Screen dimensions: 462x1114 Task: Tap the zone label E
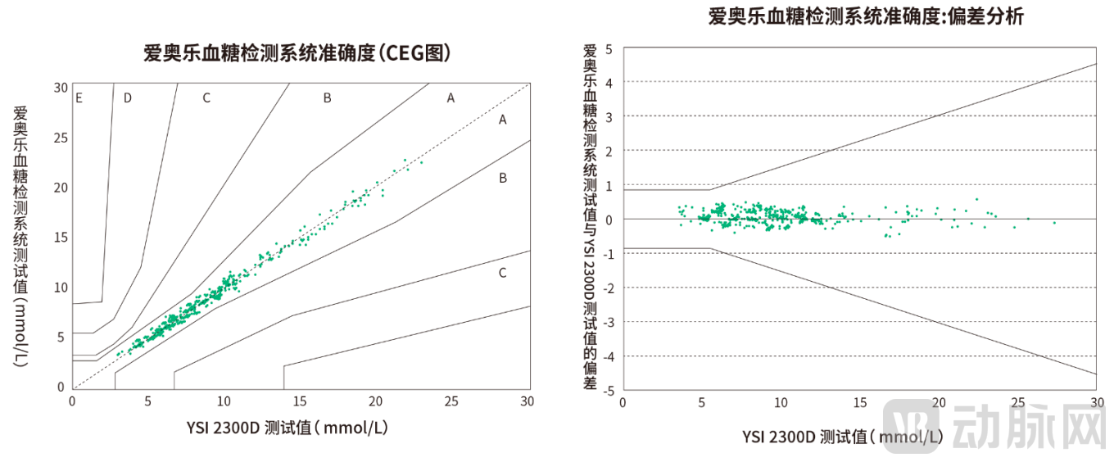pyautogui.click(x=79, y=98)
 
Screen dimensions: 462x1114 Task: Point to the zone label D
pyautogui.click(x=127, y=98)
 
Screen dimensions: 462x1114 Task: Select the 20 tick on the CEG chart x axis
pyautogui.click(x=375, y=401)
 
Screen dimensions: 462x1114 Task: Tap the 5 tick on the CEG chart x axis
pyautogui.click(x=148, y=401)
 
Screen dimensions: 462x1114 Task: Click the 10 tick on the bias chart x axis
pyautogui.click(x=781, y=403)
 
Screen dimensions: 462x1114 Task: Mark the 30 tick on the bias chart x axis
pyautogui.click(x=1096, y=403)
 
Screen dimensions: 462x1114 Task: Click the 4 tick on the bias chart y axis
pyautogui.click(x=609, y=83)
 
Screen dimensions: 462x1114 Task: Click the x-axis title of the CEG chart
pyautogui.click(x=299, y=428)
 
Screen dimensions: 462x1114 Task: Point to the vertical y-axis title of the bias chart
pyautogui.click(x=589, y=217)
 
